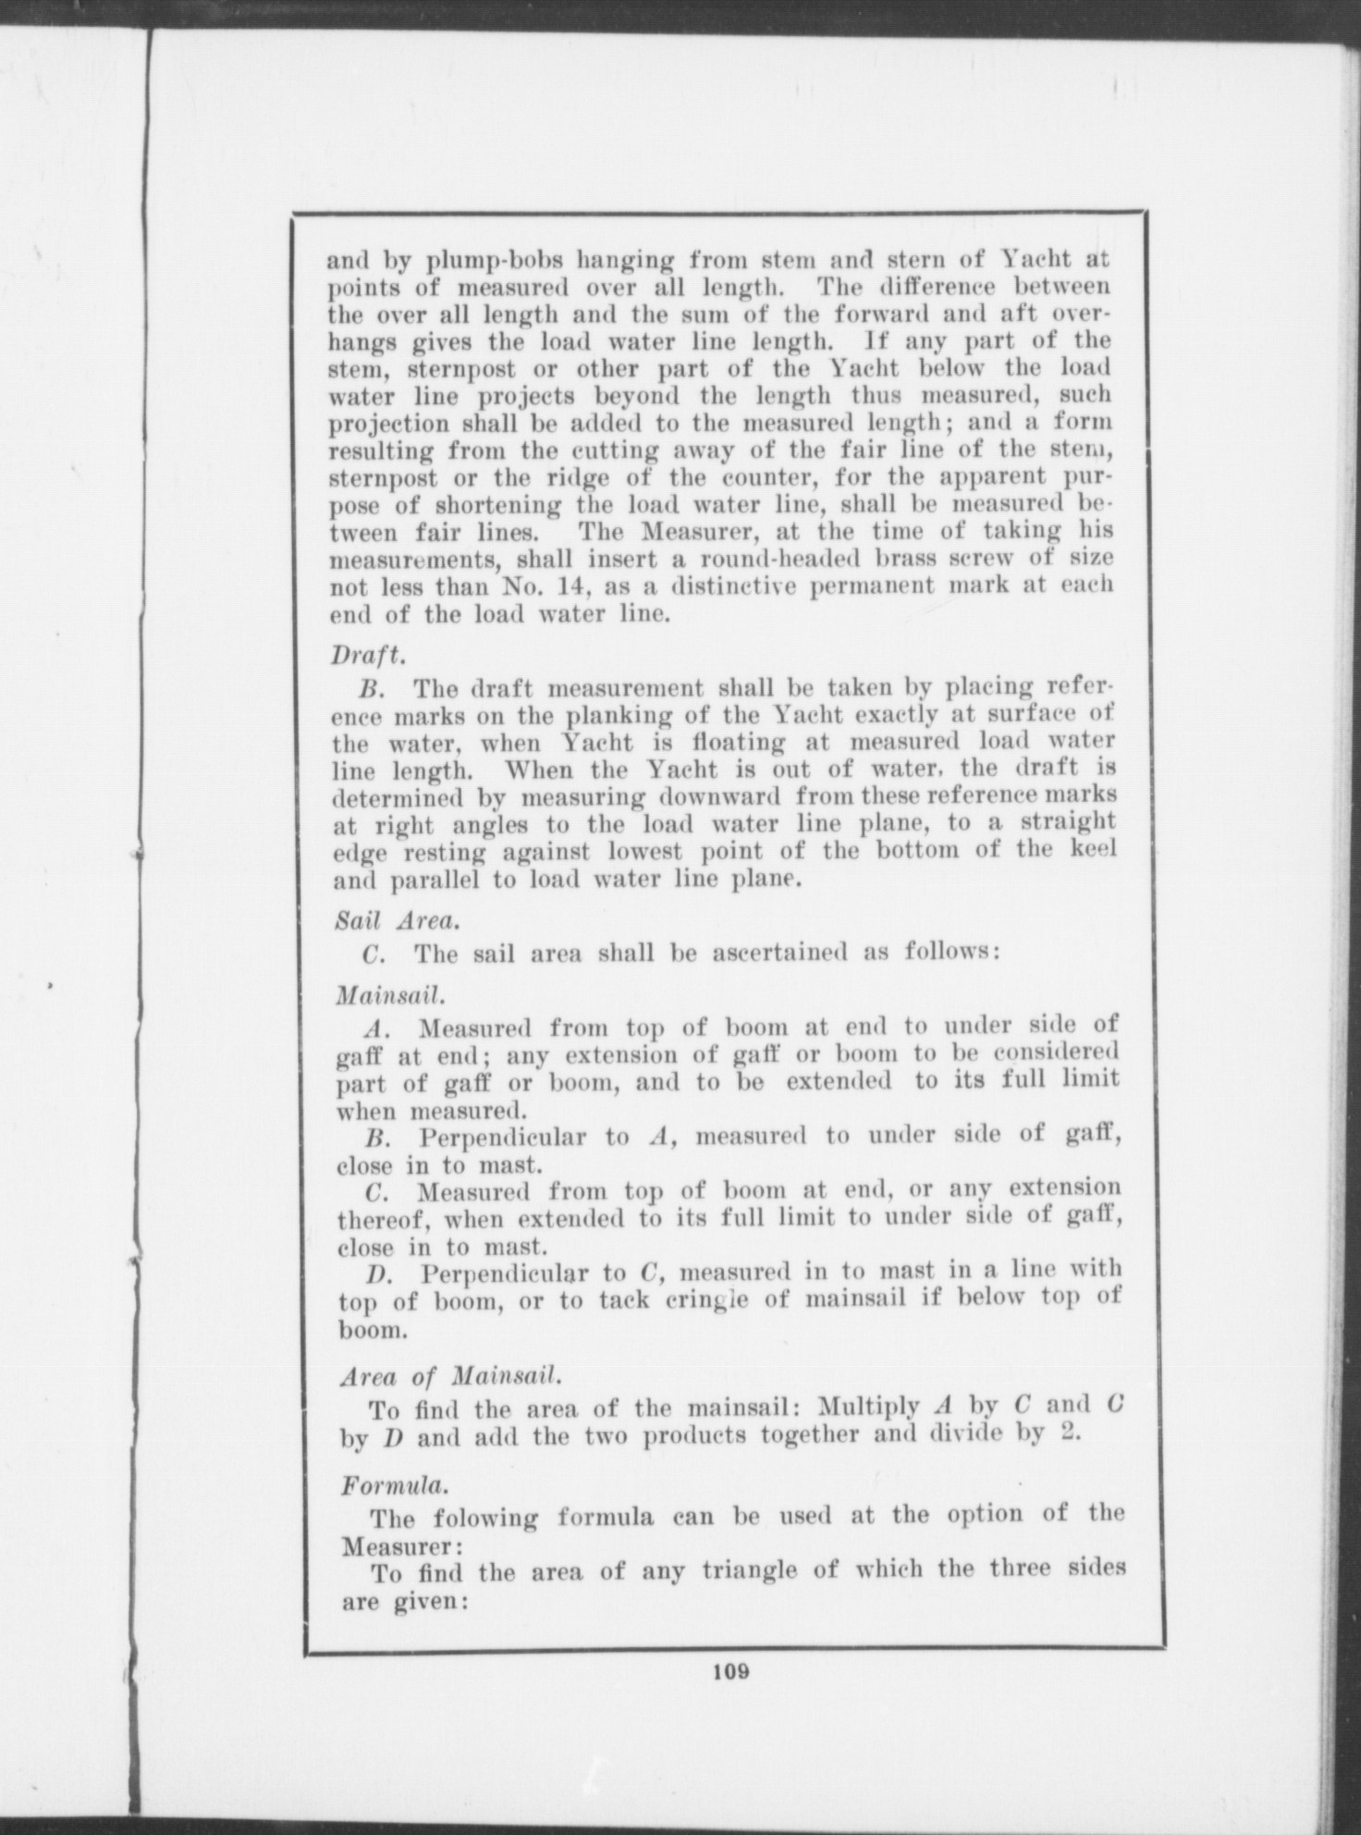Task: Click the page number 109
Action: tap(730, 1671)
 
